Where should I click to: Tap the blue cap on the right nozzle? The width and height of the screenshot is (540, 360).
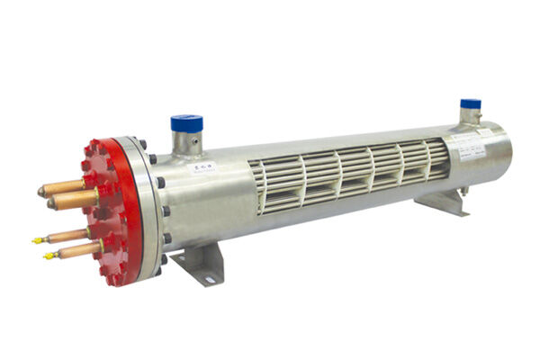click(x=470, y=103)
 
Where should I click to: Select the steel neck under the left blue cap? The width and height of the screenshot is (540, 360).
click(x=186, y=142)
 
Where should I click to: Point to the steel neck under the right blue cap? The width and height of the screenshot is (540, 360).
click(x=470, y=115)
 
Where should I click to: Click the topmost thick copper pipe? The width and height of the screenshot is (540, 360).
click(x=63, y=187)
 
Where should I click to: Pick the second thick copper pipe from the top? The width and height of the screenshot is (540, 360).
click(x=75, y=199)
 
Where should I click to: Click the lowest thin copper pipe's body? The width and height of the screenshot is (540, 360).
click(x=76, y=249)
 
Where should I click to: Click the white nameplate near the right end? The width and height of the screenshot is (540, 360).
click(x=473, y=144)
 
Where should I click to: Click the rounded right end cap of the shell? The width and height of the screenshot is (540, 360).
click(x=505, y=148)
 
